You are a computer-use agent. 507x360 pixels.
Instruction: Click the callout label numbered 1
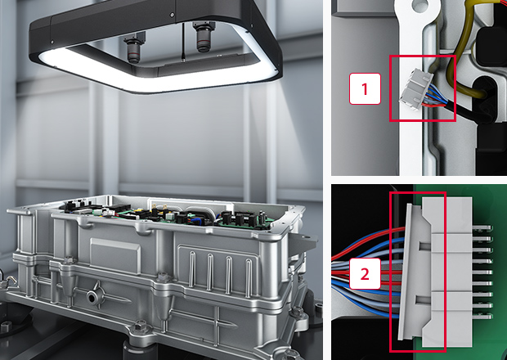click(365, 88)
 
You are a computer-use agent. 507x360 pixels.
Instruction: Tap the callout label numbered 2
click(365, 273)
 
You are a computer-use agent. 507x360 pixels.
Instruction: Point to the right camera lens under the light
click(204, 36)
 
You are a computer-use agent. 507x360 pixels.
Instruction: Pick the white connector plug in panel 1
click(415, 88)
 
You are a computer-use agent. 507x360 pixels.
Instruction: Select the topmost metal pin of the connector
click(482, 228)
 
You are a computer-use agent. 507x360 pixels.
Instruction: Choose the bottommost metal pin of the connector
click(482, 317)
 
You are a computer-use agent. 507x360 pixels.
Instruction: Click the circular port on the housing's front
click(92, 297)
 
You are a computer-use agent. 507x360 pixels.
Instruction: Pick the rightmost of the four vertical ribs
click(249, 278)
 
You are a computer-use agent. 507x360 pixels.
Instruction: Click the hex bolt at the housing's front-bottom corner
click(141, 326)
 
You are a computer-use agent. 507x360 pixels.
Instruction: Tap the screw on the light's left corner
click(52, 42)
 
